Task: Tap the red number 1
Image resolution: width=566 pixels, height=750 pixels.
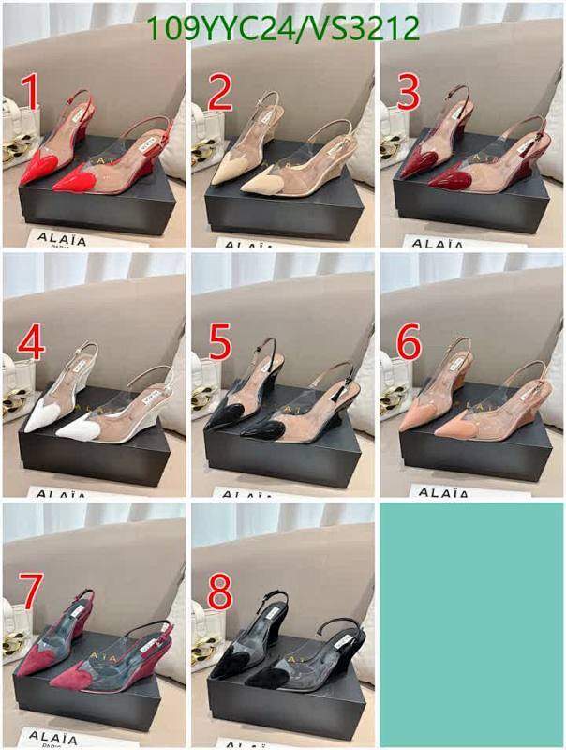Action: click(31, 96)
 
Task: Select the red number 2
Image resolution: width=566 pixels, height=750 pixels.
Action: click(219, 96)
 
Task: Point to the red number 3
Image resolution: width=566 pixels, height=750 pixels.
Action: click(409, 96)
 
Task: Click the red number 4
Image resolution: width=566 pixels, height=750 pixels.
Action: click(31, 344)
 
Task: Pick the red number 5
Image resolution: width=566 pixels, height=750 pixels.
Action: click(219, 344)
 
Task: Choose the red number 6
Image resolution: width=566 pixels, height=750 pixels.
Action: click(409, 344)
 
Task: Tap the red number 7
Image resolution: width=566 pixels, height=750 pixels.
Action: click(31, 592)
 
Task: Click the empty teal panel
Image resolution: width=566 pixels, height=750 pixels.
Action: click(471, 623)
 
